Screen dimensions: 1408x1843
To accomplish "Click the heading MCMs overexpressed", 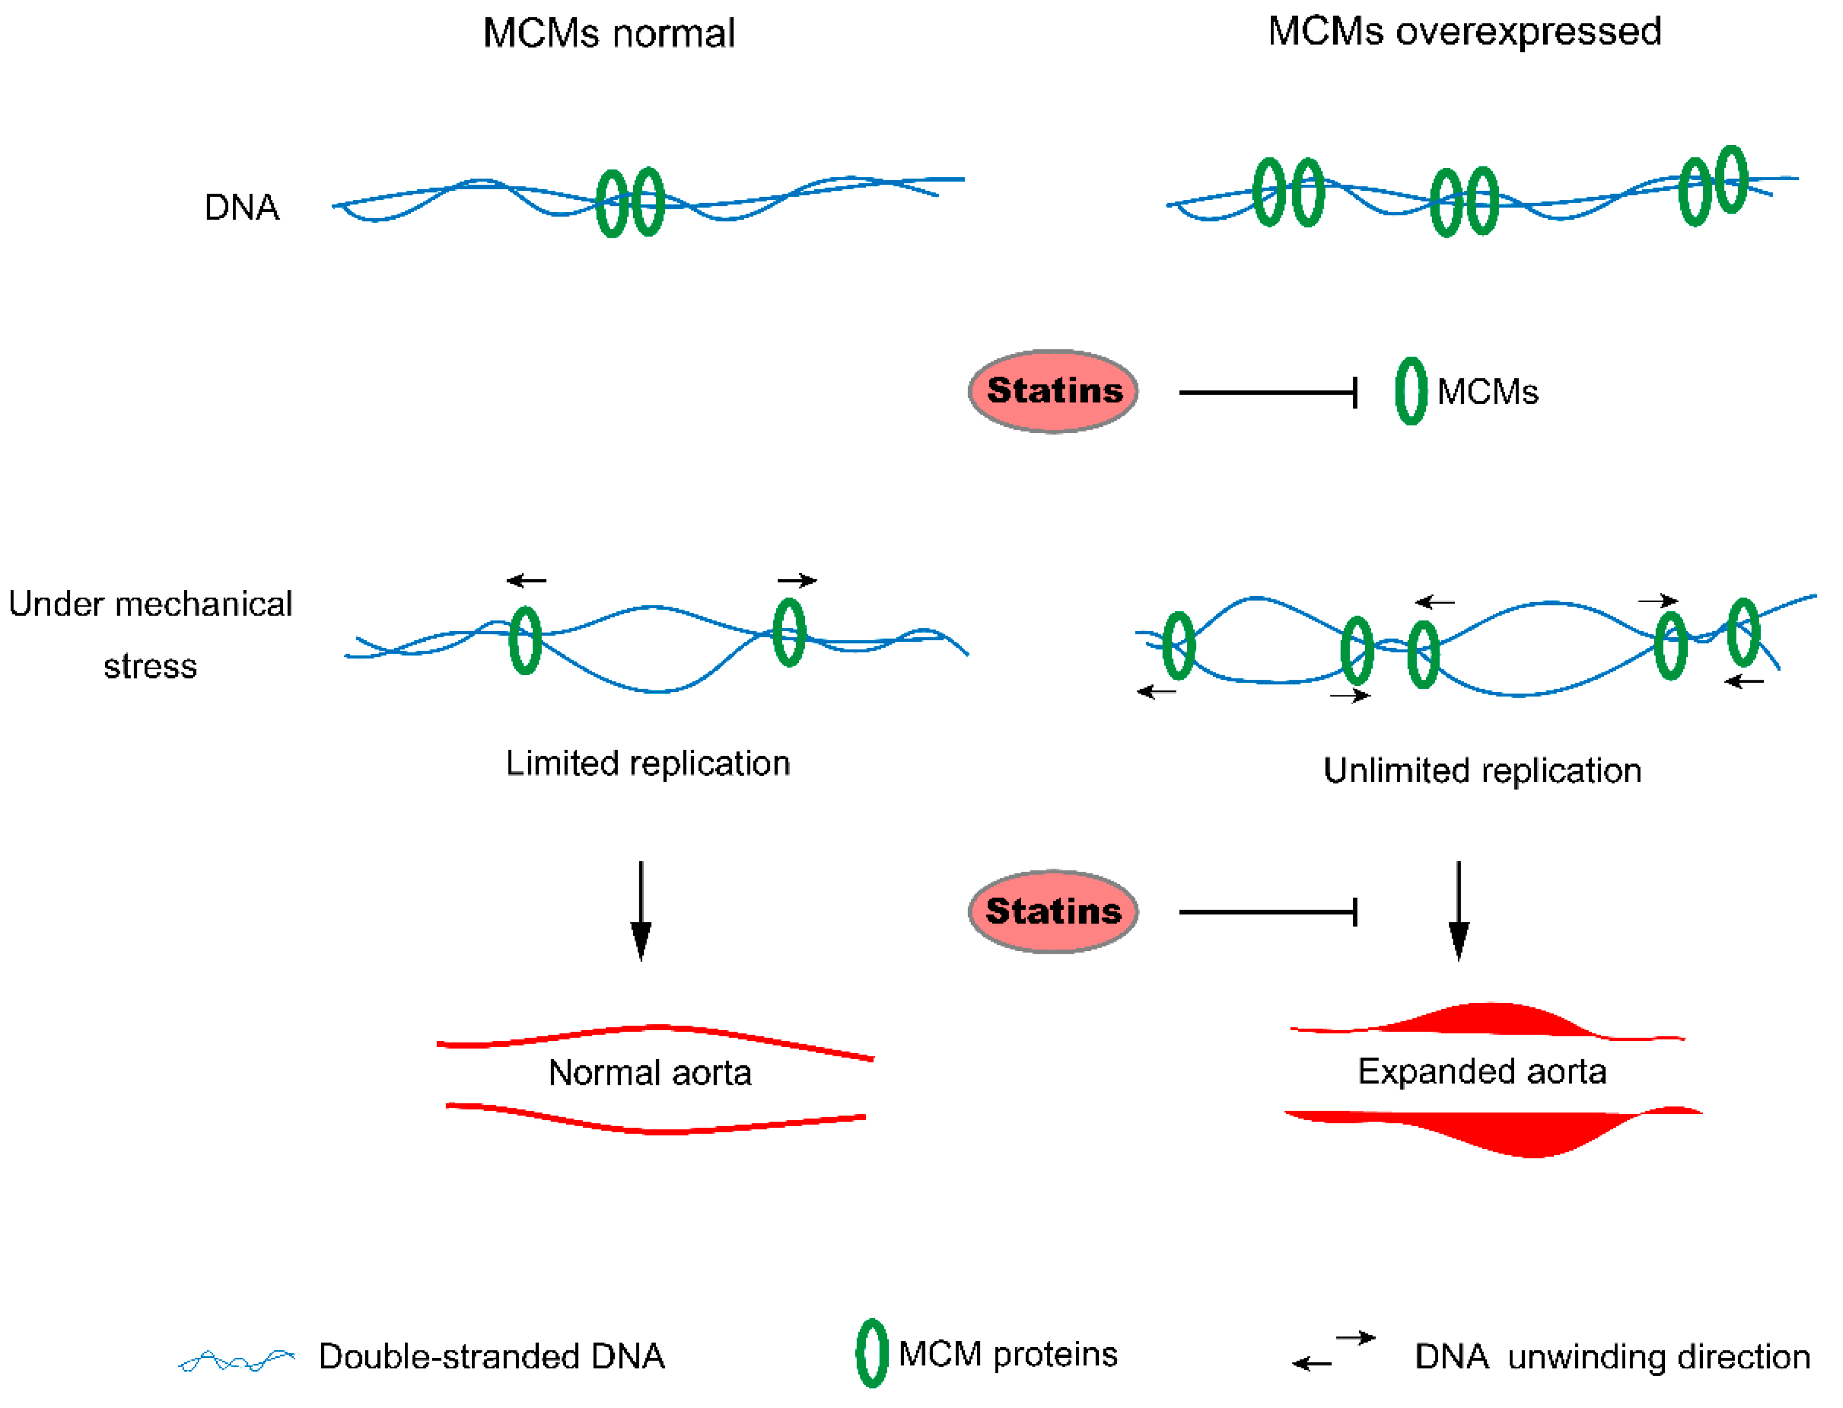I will click(x=1463, y=32).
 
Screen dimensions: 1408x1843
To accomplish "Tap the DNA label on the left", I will click(x=242, y=207).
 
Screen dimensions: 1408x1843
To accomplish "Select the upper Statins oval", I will click(x=1052, y=391).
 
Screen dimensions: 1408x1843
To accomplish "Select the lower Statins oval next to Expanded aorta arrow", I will click(x=1052, y=911).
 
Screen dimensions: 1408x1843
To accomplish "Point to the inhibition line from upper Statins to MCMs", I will click(x=1266, y=392).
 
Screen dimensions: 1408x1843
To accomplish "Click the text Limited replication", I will click(x=647, y=763).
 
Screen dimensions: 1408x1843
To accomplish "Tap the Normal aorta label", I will click(x=650, y=1073).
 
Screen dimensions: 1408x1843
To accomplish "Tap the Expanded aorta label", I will click(x=1482, y=1071).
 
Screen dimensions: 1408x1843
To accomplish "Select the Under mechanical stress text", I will click(x=150, y=635).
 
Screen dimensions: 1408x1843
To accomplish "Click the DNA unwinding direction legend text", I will click(x=1611, y=1357).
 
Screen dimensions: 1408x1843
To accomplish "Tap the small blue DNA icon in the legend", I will click(x=237, y=1359).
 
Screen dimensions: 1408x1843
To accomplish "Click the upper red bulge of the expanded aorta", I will click(x=1488, y=1018).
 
